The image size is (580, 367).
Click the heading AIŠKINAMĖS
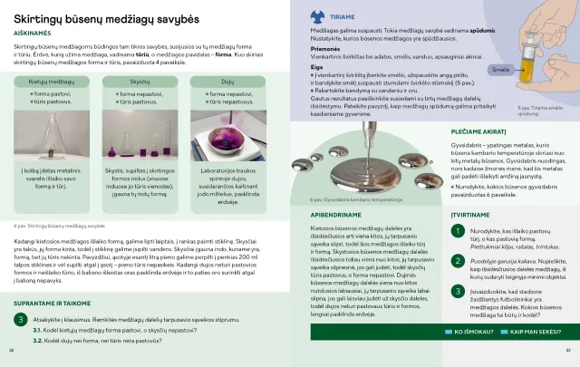pos(31,31)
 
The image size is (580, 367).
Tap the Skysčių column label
pos(138,81)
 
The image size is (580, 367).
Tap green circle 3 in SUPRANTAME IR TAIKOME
pos(20,321)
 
